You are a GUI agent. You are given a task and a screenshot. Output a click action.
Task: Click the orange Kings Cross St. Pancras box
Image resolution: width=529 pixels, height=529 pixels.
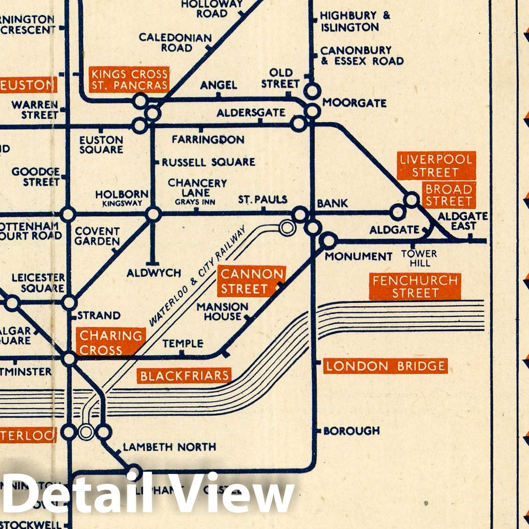coord(129,79)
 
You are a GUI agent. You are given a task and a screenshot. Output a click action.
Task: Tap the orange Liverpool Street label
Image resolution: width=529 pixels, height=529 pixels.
coord(436,165)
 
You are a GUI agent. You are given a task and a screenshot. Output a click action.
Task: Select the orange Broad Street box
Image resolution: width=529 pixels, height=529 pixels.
coord(448,195)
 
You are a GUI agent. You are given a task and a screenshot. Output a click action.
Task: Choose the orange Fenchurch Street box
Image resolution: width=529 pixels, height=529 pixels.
coord(415,287)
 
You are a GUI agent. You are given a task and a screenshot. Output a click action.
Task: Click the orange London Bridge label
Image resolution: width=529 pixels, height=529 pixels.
coord(385,366)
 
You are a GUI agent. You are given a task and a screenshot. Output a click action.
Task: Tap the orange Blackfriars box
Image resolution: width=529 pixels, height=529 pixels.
coord(184,376)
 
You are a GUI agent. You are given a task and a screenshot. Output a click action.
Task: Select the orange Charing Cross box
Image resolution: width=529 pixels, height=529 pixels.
coord(111,342)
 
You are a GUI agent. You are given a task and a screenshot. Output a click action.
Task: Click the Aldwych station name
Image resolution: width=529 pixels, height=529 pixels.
coord(154,273)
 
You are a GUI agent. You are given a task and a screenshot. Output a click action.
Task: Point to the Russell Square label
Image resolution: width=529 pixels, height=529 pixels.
coord(208,163)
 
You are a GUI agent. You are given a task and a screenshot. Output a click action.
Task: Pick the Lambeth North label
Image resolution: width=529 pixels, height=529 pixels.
coord(169,447)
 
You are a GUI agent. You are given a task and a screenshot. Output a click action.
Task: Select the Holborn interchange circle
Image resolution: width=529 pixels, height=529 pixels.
coord(153,215)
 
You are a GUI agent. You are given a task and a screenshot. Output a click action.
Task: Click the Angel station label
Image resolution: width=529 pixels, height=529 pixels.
coord(218,85)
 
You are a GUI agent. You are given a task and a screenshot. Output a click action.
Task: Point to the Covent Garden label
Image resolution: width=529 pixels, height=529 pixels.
coord(97,236)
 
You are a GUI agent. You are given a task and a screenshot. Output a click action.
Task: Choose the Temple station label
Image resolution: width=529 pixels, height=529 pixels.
coord(183,344)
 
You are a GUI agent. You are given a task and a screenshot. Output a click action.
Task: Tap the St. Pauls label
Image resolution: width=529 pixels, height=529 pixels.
coord(263,200)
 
